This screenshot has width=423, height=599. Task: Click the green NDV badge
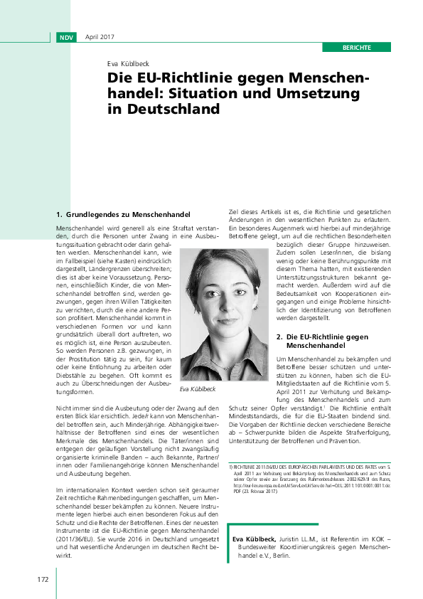tap(66, 37)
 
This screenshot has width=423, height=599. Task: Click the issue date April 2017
tap(100, 37)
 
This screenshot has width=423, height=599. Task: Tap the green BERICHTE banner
tap(356, 47)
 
